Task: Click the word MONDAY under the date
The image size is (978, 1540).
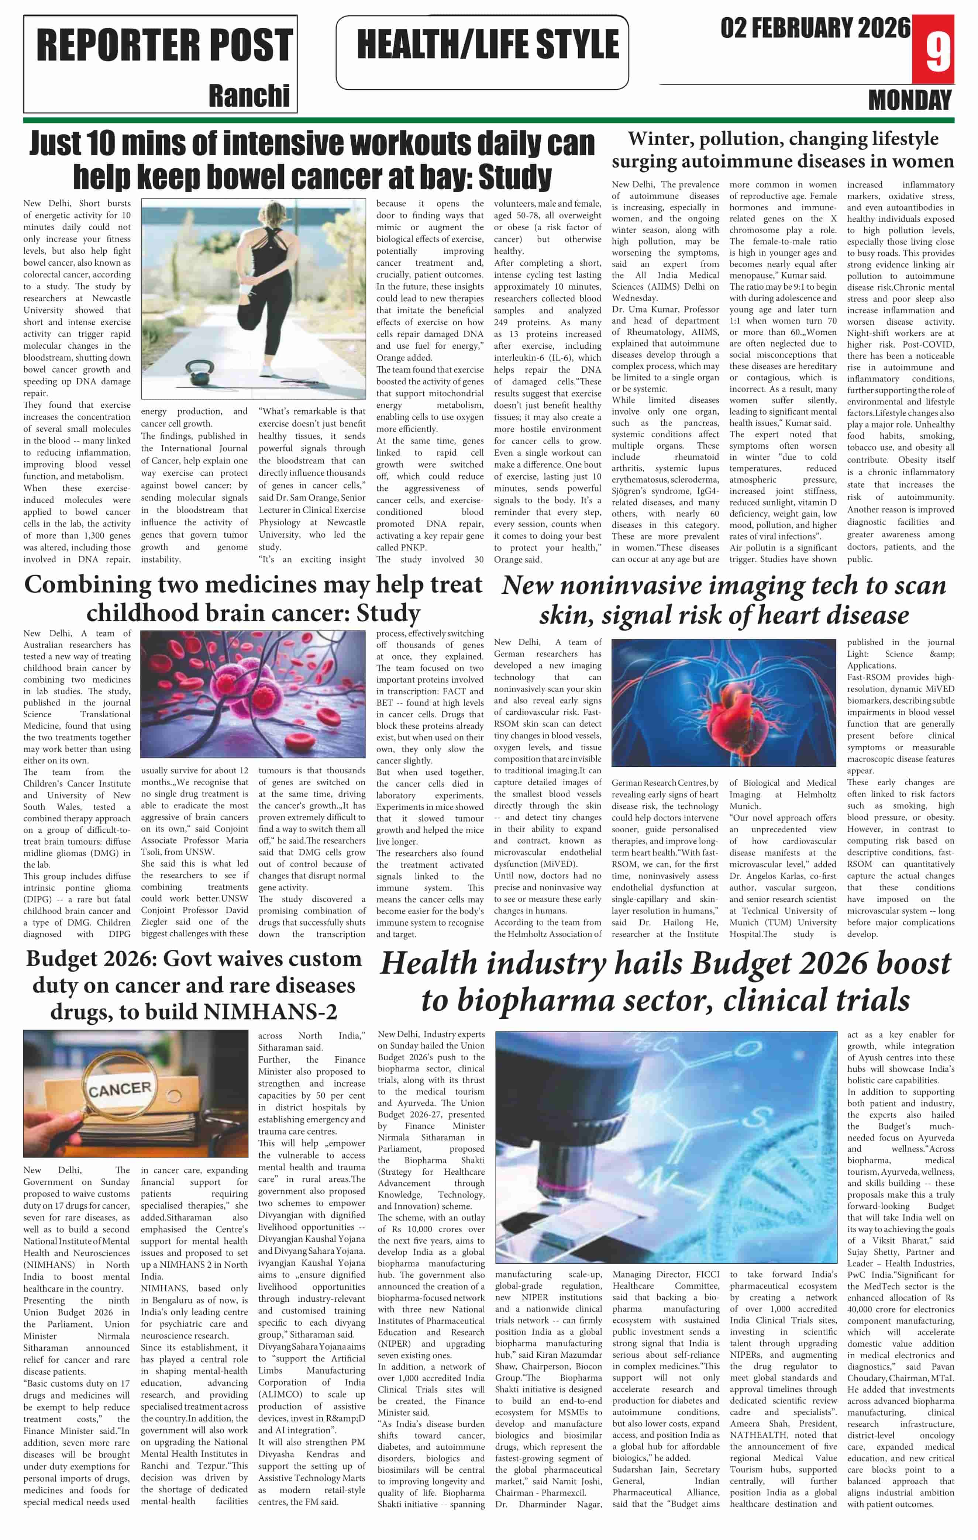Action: pos(910,100)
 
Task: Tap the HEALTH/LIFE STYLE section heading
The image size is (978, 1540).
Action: pos(488,45)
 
